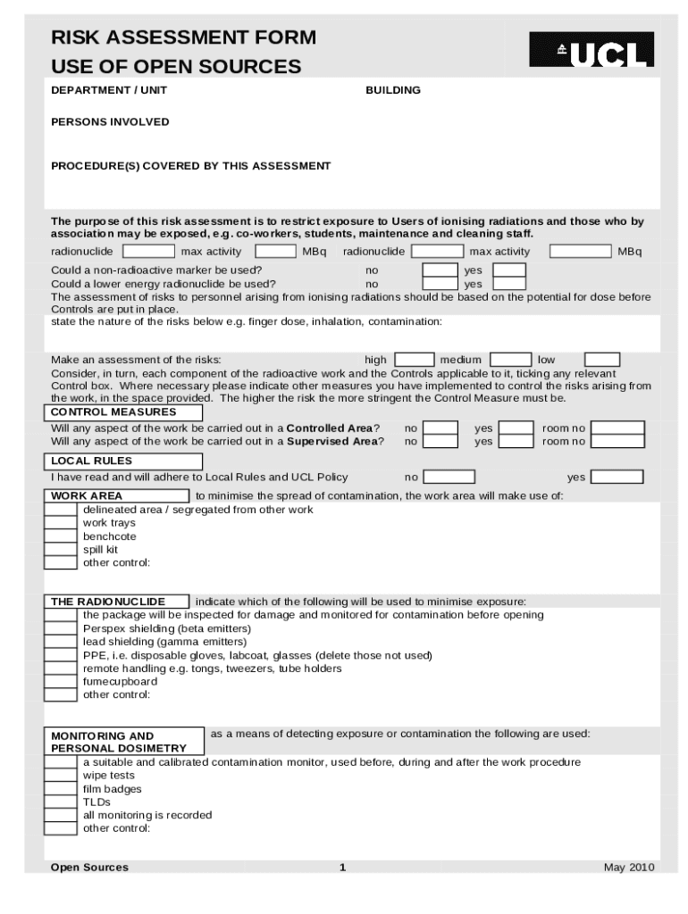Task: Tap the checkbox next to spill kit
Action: (x=61, y=550)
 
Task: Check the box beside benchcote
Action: (x=61, y=536)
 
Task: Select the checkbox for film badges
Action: (x=61, y=789)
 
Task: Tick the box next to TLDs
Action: (x=61, y=802)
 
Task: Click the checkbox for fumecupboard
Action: (x=61, y=681)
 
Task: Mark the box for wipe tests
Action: (x=61, y=776)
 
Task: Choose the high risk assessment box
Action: (x=414, y=360)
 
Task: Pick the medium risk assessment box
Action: (x=511, y=360)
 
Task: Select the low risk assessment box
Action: (x=602, y=360)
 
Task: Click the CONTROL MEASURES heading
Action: (x=123, y=412)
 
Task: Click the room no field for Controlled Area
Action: (x=617, y=428)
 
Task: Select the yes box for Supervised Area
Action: (x=516, y=441)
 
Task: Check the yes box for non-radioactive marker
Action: (x=509, y=270)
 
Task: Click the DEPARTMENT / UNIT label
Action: (x=108, y=90)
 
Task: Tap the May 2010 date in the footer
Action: (x=629, y=868)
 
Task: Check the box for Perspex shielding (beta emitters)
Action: (x=61, y=628)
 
